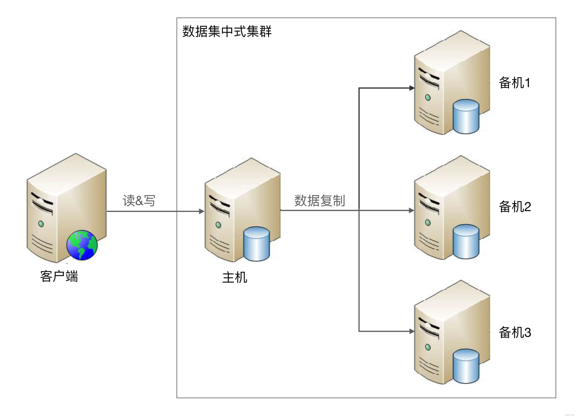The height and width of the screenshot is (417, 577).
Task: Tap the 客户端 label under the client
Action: (x=59, y=276)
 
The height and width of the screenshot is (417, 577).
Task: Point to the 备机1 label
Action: (x=514, y=83)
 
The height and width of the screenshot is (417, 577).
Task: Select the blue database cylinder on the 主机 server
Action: (x=256, y=244)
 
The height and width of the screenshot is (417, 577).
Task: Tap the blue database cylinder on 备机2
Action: (x=466, y=241)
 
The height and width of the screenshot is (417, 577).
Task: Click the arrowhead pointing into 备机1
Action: (x=412, y=88)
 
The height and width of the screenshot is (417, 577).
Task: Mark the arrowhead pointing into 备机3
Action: (x=412, y=331)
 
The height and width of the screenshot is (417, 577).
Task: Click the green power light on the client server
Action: (x=41, y=224)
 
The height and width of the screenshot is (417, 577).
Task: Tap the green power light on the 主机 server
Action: (x=218, y=225)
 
